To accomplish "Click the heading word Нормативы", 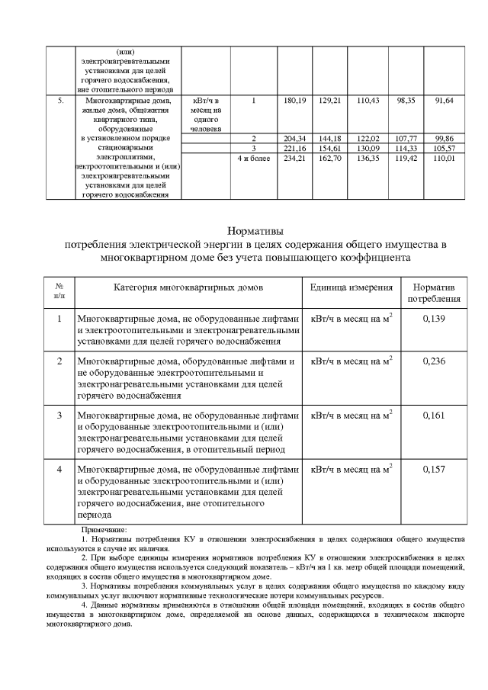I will [255, 230].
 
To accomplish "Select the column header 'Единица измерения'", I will [352, 287].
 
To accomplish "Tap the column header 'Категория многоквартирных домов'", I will [188, 287].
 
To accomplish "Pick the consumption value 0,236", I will [433, 361].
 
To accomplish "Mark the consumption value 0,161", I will [433, 415].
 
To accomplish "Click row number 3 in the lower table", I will [59, 415].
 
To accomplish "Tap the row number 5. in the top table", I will [60, 100].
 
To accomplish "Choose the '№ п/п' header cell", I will [59, 293].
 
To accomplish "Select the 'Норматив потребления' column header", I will [433, 293].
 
